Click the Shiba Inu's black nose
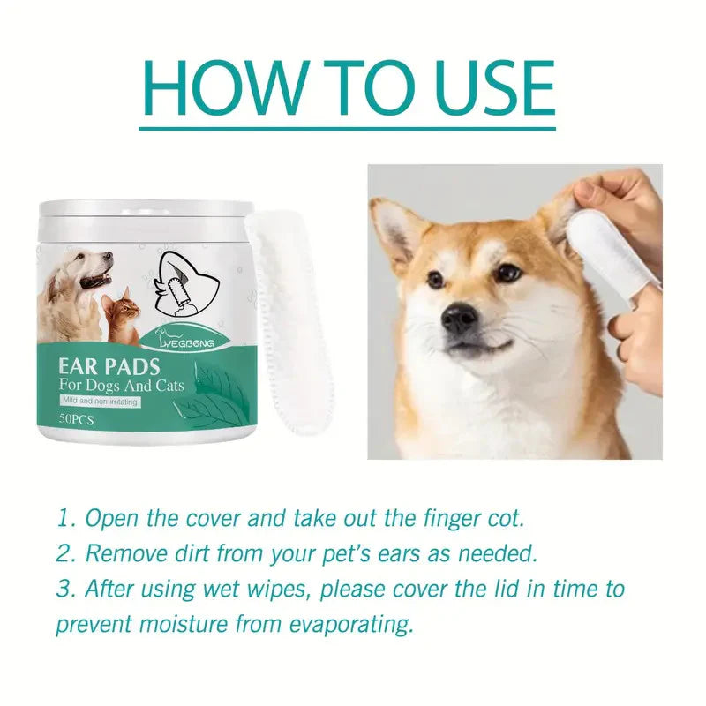(460, 319)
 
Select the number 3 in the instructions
(63, 589)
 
